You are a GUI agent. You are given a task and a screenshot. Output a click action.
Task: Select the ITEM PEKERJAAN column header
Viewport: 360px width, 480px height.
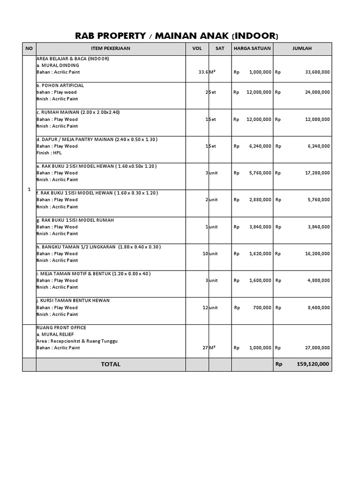tap(111, 48)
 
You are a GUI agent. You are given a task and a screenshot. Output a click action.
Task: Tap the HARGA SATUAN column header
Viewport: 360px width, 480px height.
tap(252, 48)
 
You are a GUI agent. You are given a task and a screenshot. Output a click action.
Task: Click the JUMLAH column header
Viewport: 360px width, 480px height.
tap(302, 48)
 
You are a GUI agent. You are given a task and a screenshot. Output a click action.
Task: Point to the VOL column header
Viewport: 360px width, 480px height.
tap(197, 48)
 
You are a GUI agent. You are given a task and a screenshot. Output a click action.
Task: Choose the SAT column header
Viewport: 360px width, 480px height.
tap(220, 48)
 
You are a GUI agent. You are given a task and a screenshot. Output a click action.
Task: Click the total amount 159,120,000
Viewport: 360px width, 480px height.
tap(313, 364)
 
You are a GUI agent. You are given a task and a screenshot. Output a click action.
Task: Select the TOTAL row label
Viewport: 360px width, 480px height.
tap(111, 364)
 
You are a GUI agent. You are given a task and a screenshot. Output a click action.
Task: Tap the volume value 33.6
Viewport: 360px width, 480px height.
tap(203, 72)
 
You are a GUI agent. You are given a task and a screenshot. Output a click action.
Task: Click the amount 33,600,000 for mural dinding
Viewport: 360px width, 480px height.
tap(317, 72)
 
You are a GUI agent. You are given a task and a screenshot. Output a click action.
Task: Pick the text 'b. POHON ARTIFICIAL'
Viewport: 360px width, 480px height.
tap(60, 86)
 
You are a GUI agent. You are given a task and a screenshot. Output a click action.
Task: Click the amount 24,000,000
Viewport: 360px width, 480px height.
tap(317, 92)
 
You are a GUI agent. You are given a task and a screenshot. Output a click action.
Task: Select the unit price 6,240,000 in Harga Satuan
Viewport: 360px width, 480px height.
tap(259, 146)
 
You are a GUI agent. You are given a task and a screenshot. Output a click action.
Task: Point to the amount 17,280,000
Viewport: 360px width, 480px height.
tap(317, 173)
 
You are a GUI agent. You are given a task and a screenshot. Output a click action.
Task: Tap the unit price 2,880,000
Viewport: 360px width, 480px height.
tap(259, 200)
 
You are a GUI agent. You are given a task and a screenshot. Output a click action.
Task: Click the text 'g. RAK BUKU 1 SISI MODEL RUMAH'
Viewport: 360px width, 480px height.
tap(75, 220)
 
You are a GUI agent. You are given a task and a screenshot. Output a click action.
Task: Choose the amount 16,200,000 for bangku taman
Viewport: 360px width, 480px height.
tap(317, 254)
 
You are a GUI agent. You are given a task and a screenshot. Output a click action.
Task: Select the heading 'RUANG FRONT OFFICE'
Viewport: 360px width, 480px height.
tap(61, 328)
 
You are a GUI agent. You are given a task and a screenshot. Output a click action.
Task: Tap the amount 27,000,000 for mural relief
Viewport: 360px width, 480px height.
tap(317, 348)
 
